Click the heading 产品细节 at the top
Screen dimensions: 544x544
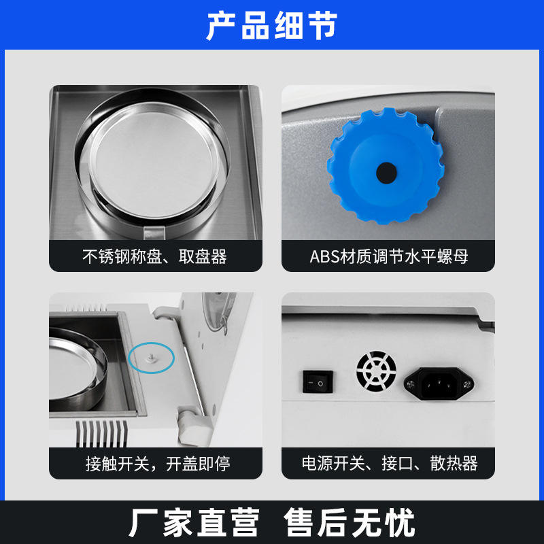pyautogui.click(x=271, y=25)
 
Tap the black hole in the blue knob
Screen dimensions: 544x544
pyautogui.click(x=386, y=173)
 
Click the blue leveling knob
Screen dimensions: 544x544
pyautogui.click(x=386, y=165)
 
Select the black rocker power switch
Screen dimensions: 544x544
pyautogui.click(x=318, y=382)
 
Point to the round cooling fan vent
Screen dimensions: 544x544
pyautogui.click(x=377, y=371)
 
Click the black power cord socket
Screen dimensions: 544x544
pyautogui.click(x=439, y=384)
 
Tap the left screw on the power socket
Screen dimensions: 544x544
pyautogui.click(x=411, y=384)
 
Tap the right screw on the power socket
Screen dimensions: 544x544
pyautogui.click(x=467, y=384)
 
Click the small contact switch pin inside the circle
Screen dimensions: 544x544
pyautogui.click(x=151, y=358)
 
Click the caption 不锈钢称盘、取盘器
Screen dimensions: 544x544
pyautogui.click(x=155, y=257)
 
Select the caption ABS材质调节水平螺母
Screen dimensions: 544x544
pyautogui.click(x=388, y=257)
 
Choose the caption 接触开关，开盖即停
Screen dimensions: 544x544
pyautogui.click(x=158, y=464)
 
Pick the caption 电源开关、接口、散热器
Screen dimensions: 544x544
pyautogui.click(x=390, y=464)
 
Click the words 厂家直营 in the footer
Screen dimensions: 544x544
pyautogui.click(x=194, y=522)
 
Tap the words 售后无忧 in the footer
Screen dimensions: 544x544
pyautogui.click(x=349, y=522)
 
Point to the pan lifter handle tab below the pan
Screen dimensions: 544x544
pyautogui.click(x=154, y=233)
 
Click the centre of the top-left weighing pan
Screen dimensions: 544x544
pyautogui.click(x=152, y=160)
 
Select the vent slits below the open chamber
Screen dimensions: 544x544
pyautogui.click(x=101, y=433)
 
